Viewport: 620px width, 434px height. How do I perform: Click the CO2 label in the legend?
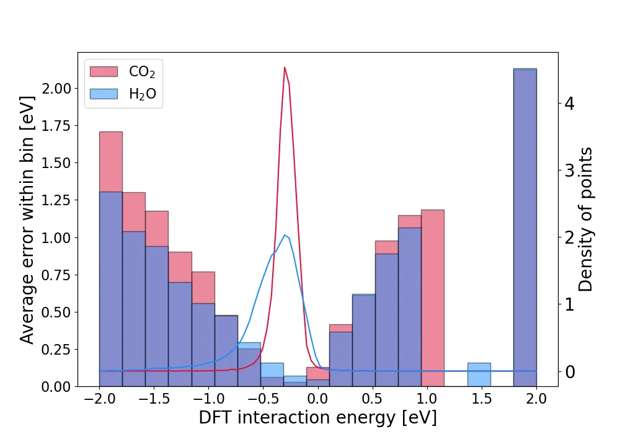tap(142, 72)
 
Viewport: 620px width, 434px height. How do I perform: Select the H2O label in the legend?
tap(143, 94)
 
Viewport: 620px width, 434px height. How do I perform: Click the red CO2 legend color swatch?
tap(104, 71)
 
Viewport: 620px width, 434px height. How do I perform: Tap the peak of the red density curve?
tap(285, 68)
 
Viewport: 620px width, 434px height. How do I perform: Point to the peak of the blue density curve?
tap(285, 235)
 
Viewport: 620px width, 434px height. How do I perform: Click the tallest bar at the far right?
tap(525, 228)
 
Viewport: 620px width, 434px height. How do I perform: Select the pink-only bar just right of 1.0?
tap(433, 298)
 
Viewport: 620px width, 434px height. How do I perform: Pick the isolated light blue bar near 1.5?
tap(479, 374)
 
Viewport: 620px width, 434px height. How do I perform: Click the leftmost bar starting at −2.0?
tap(111, 259)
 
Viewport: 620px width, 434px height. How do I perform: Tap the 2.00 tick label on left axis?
tap(56, 89)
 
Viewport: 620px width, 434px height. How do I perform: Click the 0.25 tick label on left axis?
tap(56, 350)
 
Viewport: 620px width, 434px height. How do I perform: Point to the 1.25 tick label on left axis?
tap(56, 200)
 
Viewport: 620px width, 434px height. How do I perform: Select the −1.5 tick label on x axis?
tap(154, 399)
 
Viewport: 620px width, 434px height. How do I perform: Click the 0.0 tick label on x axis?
tap(317, 399)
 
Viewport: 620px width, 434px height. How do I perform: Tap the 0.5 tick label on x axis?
tap(372, 399)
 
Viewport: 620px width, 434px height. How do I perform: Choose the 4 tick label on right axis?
tap(570, 103)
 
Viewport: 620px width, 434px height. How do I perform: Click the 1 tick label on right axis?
tap(570, 304)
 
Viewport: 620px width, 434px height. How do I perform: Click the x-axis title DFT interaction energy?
tap(318, 417)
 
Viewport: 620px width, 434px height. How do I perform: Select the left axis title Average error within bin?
tap(27, 219)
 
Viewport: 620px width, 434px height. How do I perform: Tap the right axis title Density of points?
tap(586, 219)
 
